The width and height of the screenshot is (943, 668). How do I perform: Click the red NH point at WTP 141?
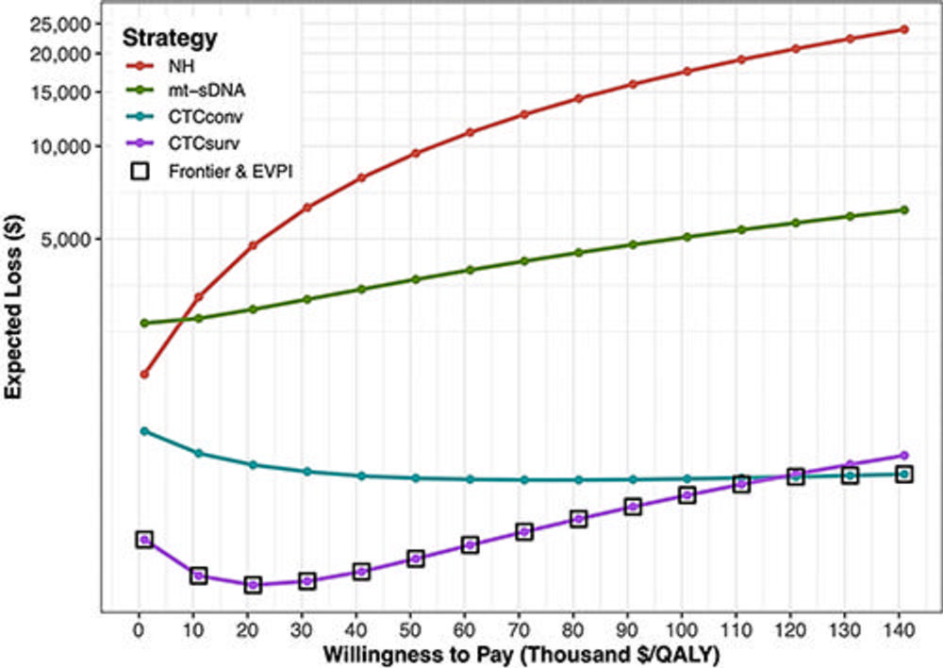coord(904,29)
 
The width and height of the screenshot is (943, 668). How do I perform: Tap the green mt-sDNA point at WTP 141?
coord(904,209)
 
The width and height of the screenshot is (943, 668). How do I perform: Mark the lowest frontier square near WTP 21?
coord(253,585)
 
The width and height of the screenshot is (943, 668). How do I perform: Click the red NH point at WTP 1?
coord(144,375)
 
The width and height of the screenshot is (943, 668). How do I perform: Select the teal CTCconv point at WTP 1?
coord(144,431)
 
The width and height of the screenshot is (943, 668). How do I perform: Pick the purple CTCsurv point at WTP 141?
coord(904,455)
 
